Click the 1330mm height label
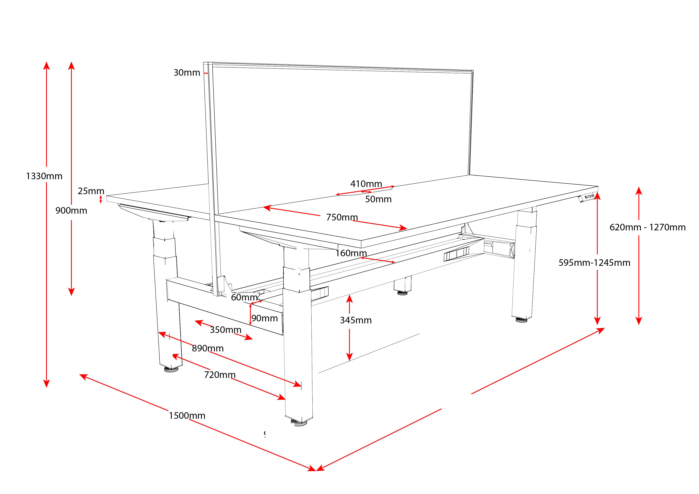coord(44,176)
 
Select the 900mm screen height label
coord(71,210)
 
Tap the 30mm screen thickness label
coord(187,73)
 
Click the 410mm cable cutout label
coord(366,184)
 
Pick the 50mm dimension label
coord(378,199)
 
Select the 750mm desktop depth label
coord(342,217)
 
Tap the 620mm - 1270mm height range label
coord(647,227)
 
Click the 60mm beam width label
coord(244,297)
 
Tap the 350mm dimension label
coord(225,330)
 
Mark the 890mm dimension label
coord(208,348)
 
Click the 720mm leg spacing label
coord(220,375)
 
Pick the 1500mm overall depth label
coord(187,416)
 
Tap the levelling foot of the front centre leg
coord(299,423)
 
